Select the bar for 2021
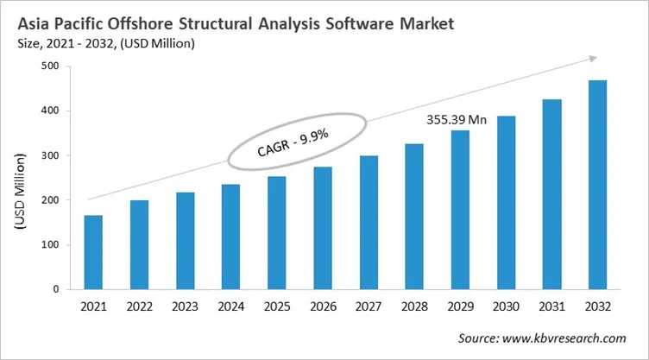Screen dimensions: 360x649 [93, 252]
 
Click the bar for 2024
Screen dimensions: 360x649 [230, 237]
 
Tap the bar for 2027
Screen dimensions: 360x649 [368, 222]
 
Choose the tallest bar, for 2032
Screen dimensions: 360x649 [596, 185]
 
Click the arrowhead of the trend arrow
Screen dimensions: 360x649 [592, 59]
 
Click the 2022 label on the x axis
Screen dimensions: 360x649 [139, 306]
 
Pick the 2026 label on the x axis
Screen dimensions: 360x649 [322, 306]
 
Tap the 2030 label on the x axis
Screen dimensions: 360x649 [505, 306]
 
